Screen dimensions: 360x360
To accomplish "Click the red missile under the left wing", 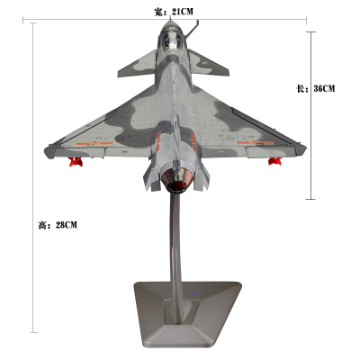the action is pos(76,161).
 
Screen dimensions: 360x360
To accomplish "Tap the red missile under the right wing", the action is pos(274,161).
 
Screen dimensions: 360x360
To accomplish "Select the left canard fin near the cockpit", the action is pos(138,65).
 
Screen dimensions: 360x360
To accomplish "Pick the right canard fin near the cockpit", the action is pos(208,64).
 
